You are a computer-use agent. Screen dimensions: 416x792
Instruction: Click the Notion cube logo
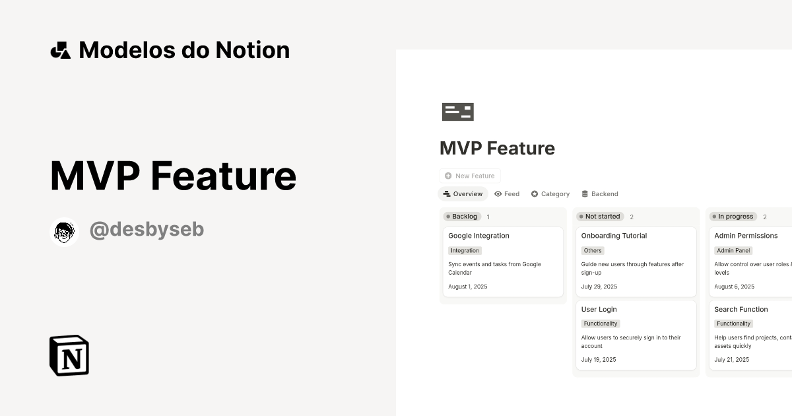click(69, 355)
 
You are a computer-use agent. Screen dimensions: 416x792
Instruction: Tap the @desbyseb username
click(147, 230)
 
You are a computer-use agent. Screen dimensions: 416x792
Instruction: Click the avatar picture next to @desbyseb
click(64, 232)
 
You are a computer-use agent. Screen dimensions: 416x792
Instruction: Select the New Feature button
click(470, 176)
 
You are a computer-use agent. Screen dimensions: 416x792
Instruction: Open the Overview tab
click(463, 194)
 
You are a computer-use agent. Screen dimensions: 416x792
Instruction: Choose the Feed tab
click(507, 194)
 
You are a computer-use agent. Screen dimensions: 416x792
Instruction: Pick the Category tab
click(550, 194)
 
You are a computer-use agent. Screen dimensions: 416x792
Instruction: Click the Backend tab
click(600, 194)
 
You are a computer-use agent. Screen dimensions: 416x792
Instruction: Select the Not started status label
click(600, 217)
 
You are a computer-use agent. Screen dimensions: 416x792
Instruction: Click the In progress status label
click(733, 217)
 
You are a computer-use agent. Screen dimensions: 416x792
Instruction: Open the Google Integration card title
click(478, 236)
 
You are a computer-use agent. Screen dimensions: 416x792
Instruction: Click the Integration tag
click(465, 251)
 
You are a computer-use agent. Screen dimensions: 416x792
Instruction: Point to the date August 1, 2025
click(467, 287)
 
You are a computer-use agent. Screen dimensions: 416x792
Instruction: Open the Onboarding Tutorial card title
click(614, 236)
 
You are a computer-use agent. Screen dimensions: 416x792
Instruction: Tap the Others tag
click(593, 251)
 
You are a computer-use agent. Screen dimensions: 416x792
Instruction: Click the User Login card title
click(599, 309)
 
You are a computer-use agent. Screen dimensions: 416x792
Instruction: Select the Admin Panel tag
click(734, 251)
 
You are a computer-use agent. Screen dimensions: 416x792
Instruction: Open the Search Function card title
click(741, 309)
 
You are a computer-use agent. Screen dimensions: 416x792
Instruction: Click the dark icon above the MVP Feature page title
click(458, 112)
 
